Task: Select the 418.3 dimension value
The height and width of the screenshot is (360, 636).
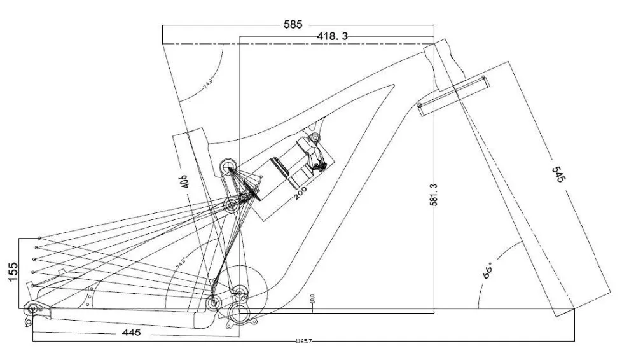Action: pyautogui.click(x=332, y=37)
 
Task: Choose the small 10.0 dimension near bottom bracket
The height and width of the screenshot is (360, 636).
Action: pyautogui.click(x=312, y=298)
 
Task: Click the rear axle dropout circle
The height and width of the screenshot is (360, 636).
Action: pyautogui.click(x=32, y=309)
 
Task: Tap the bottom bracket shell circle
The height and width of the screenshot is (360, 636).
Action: pyautogui.click(x=239, y=313)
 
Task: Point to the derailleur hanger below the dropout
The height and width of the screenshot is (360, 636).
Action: pyautogui.click(x=28, y=322)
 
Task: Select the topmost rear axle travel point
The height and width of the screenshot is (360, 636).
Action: pyautogui.click(x=39, y=239)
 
